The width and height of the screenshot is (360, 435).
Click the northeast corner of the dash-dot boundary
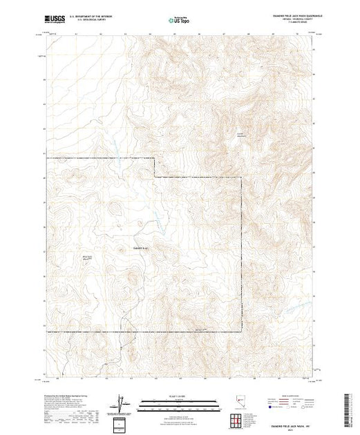(241, 178)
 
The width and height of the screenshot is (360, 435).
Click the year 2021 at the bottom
(290, 428)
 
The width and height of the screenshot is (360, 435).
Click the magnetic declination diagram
(123, 402)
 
